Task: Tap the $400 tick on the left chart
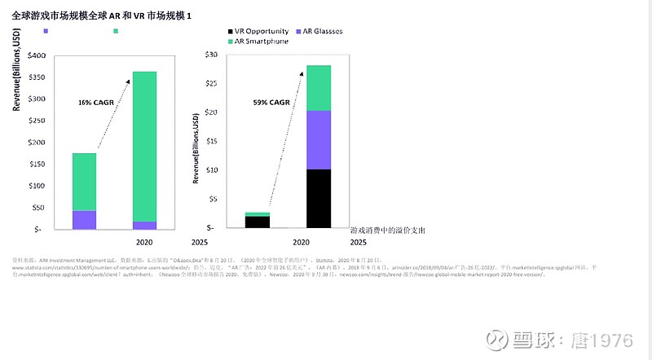[37, 55]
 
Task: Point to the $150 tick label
[37, 164]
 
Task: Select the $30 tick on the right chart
[211, 55]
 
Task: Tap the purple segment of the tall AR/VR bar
[319, 139]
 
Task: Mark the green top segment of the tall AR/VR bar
[319, 87]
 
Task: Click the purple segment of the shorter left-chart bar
[85, 220]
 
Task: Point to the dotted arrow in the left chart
[114, 113]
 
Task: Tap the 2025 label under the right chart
[358, 242]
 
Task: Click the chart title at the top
[102, 15]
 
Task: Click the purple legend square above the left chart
[46, 31]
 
